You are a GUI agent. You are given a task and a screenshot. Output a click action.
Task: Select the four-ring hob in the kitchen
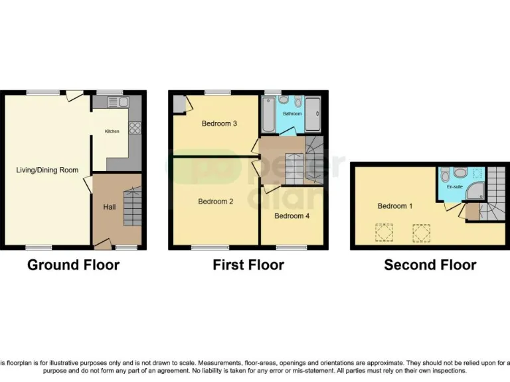coord(135,128)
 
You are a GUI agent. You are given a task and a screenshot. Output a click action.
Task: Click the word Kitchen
coord(112,131)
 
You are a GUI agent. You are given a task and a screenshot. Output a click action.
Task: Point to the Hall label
coord(109,208)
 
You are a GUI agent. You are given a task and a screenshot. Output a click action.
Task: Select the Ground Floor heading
coord(73,265)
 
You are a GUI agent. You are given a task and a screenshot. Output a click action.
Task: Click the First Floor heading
coord(248,265)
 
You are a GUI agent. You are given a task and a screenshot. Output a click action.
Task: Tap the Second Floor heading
coord(430,265)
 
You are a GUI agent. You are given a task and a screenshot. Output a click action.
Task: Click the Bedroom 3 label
coord(219,123)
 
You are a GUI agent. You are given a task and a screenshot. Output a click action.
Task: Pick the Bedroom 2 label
coord(215,202)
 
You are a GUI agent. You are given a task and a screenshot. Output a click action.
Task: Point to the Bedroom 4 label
coord(292,216)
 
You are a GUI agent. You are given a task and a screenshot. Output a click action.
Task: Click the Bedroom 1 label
coord(395,206)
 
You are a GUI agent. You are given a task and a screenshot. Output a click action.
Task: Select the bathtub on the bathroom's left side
coord(268,115)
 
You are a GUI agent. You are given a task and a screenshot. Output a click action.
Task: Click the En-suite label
coord(454,188)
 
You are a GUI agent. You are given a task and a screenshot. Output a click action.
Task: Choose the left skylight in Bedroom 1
coord(383,233)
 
